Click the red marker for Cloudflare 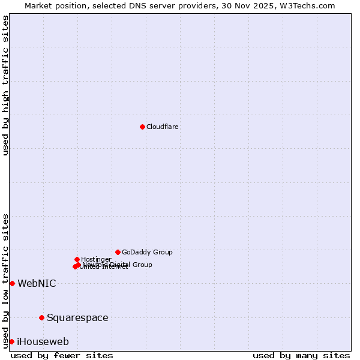pyautogui.click(x=142, y=127)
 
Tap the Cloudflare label pyautogui.click(x=163, y=127)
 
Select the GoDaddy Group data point pyautogui.click(x=118, y=252)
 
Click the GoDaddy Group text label pyautogui.click(x=147, y=252)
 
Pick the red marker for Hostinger pyautogui.click(x=77, y=259)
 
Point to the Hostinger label pyautogui.click(x=96, y=259)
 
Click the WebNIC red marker pyautogui.click(x=12, y=283)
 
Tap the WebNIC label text pyautogui.click(x=37, y=283)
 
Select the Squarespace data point pyautogui.click(x=41, y=317)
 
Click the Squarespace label pyautogui.click(x=77, y=317)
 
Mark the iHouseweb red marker pyautogui.click(x=11, y=341)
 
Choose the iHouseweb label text pyautogui.click(x=43, y=341)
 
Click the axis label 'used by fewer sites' pyautogui.click(x=62, y=355)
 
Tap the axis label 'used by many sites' pyautogui.click(x=301, y=355)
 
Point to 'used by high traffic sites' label pyautogui.click(x=6, y=85)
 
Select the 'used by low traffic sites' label pyautogui.click(x=6, y=280)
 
